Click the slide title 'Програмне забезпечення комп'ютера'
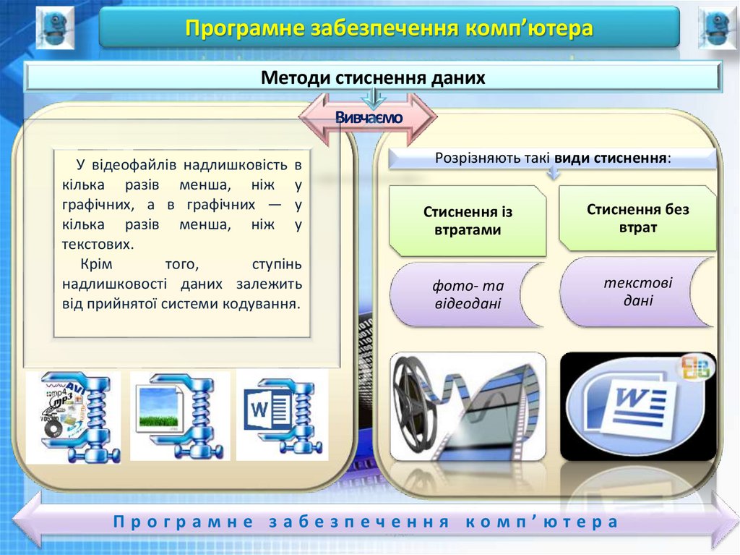(x=389, y=28)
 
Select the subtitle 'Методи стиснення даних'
(x=373, y=77)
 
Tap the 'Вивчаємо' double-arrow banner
(x=369, y=117)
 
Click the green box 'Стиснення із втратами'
(x=468, y=221)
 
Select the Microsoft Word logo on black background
(x=637, y=406)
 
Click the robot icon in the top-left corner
(x=55, y=27)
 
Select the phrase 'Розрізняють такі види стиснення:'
(x=553, y=158)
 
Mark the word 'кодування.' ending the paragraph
(x=267, y=304)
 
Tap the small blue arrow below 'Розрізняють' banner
(x=553, y=174)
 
